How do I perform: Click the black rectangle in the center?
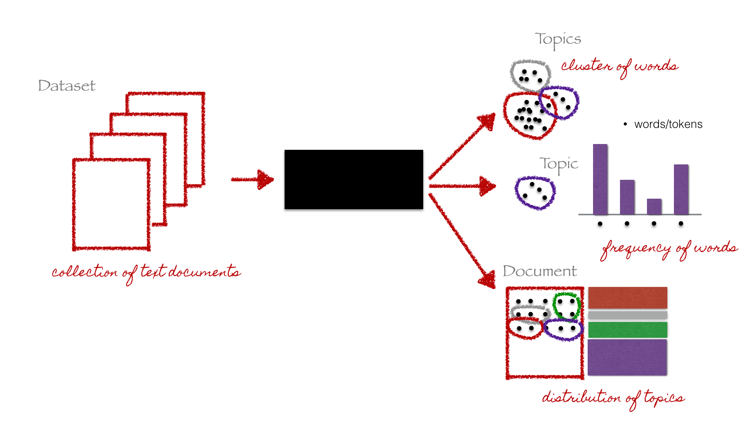point(354,179)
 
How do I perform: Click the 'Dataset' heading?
point(67,86)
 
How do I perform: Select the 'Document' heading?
point(540,271)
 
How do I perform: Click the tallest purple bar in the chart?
point(600,179)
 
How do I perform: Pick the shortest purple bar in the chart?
point(654,206)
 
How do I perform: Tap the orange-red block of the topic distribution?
point(627,297)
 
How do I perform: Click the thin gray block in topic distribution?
point(627,315)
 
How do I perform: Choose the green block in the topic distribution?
point(627,330)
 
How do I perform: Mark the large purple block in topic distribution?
point(627,357)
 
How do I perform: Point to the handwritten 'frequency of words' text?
point(669,249)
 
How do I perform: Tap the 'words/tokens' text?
point(668,124)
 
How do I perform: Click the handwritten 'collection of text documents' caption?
point(146,272)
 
